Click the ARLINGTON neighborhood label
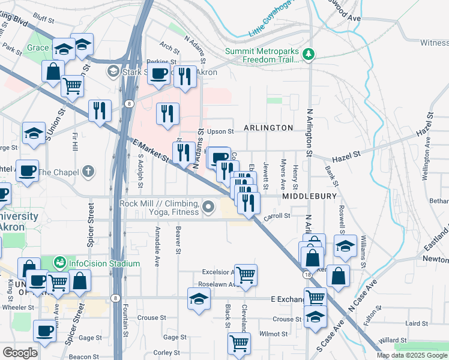coord(268,128)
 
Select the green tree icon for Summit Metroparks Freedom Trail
coord(309,55)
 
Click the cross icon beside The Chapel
coord(88,173)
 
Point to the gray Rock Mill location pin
coord(208,208)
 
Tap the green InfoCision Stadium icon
coord(59,263)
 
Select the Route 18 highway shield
coord(307,274)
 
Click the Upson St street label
coord(220,131)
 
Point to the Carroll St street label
coord(278,215)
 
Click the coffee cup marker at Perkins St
coord(158,74)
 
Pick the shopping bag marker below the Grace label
coord(53,71)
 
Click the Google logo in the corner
coord(19,353)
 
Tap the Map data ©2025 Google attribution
coord(412,355)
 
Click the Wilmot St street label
coord(273,333)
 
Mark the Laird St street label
coord(414,323)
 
